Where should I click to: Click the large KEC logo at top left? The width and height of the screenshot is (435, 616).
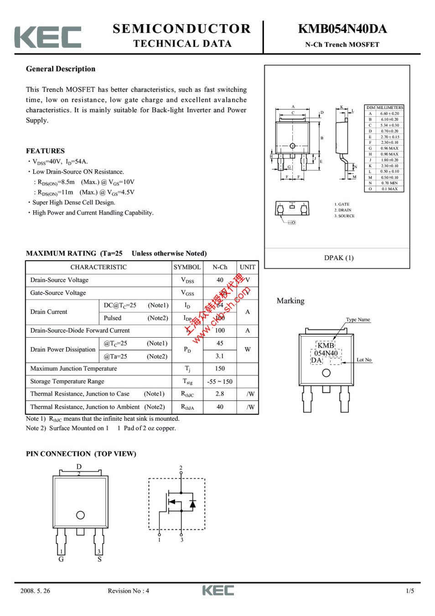[x=48, y=37]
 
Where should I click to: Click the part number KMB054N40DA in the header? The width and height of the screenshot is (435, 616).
[x=342, y=29]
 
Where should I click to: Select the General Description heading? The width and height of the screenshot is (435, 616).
[x=61, y=69]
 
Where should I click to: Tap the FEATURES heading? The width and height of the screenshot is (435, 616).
[x=45, y=151]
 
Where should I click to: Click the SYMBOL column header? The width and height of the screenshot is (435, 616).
[x=187, y=267]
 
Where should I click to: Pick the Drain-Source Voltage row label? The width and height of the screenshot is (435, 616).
[x=59, y=280]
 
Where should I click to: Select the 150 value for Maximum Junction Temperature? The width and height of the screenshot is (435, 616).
[x=220, y=369]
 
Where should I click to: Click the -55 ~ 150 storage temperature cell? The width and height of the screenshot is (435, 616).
[x=220, y=381]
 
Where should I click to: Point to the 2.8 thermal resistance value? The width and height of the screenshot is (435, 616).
[x=220, y=394]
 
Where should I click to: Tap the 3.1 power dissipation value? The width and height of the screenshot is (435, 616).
[x=220, y=356]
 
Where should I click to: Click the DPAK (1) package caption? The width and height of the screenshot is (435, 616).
[x=339, y=258]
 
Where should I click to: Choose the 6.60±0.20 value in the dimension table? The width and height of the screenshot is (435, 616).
[x=389, y=114]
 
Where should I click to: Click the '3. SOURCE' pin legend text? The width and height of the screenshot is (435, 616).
[x=344, y=216]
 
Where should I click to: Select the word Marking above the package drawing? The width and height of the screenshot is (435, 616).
[x=290, y=301]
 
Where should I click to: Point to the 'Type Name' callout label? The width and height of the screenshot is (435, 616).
[x=358, y=320]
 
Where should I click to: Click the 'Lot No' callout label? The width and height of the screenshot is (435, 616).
[x=364, y=360]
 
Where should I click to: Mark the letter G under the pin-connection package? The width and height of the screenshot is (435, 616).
[x=61, y=559]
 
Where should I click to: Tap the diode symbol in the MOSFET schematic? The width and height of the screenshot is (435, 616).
[x=192, y=504]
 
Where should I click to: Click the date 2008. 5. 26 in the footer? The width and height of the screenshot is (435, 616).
[x=35, y=591]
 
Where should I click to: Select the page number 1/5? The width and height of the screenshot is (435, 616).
[x=410, y=591]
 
